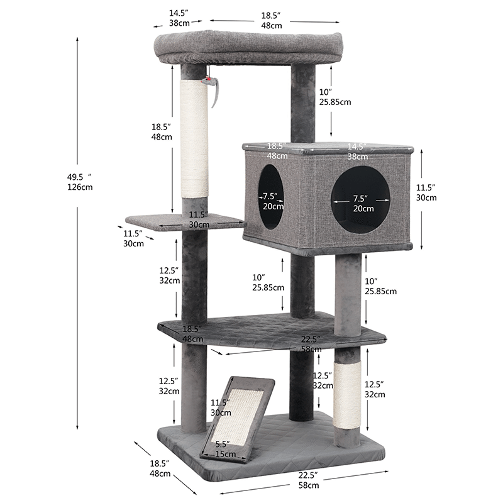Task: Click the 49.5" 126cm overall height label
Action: pyautogui.click(x=80, y=180)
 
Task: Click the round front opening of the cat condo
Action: pyautogui.click(x=361, y=200)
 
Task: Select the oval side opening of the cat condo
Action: pyautogui.click(x=271, y=197)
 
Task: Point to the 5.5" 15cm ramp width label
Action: pyautogui.click(x=224, y=449)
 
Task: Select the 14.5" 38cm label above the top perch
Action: pyautogui.click(x=180, y=18)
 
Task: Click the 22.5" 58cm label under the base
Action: pyautogui.click(x=308, y=480)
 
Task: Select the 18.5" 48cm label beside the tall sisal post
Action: pyautogui.click(x=162, y=131)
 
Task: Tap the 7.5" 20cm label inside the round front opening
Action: pyautogui.click(x=363, y=204)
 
